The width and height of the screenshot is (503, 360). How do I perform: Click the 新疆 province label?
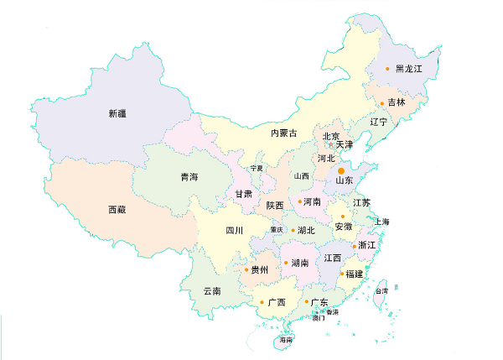pos(120,112)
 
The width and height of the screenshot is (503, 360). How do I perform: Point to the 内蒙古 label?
pos(283,133)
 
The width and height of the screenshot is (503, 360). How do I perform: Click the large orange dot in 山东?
pos(341,171)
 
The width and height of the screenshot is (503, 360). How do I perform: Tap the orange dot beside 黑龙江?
pos(387,69)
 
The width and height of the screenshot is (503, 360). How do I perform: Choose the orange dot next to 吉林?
pos(382,103)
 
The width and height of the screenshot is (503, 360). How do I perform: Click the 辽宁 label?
pos(378,122)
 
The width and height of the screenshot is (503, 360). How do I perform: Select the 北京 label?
pos(331,136)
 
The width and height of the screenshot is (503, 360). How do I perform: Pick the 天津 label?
pos(345,144)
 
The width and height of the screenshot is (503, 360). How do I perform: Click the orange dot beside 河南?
pos(300,202)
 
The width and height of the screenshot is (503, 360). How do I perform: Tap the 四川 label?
pos(234,230)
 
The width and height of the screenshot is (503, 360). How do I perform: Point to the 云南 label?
pos(212,291)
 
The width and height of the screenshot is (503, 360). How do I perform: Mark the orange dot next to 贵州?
pos(246,270)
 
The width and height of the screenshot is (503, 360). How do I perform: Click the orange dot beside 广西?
pos(262,302)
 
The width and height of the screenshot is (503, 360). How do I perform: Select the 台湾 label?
pos(381,290)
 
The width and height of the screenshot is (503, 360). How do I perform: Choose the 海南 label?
pos(285,340)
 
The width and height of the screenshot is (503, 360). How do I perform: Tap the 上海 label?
pos(382,222)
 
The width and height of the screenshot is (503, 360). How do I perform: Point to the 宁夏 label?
pos(257,168)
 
